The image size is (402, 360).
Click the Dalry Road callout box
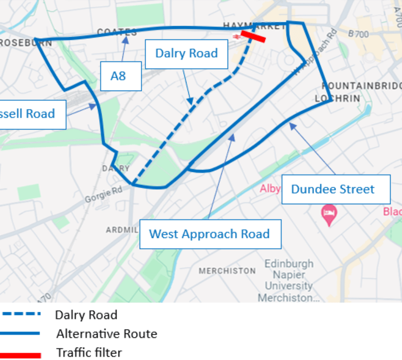click(x=186, y=54)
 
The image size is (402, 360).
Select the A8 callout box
click(x=120, y=76)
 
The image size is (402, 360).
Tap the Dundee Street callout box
click(x=336, y=189)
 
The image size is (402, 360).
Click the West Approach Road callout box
click(x=210, y=234)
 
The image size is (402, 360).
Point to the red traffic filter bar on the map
click(x=253, y=36)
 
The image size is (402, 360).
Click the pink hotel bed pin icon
click(x=329, y=214)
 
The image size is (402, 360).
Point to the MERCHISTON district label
click(x=227, y=271)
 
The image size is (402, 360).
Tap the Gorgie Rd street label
click(x=103, y=195)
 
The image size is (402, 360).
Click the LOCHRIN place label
click(x=338, y=99)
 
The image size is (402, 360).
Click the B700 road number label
click(x=358, y=35)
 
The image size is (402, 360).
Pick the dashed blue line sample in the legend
click(x=21, y=314)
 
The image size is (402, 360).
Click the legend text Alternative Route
click(x=107, y=333)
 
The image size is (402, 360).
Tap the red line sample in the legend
click(x=21, y=355)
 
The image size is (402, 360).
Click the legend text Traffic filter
click(x=89, y=353)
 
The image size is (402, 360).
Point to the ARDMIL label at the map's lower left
click(x=121, y=230)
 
